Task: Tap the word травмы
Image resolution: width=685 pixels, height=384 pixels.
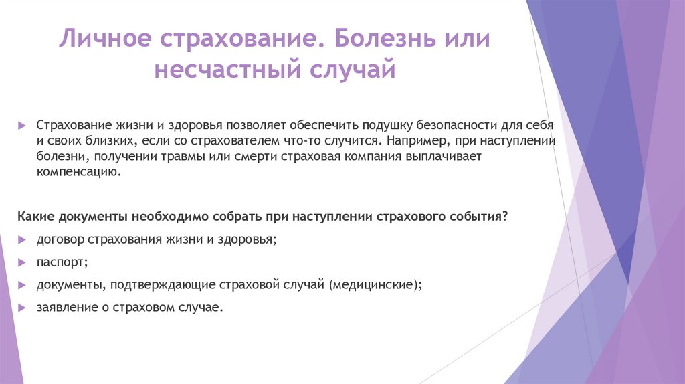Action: [173, 157]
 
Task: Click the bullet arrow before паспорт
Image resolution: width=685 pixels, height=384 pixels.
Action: [22, 262]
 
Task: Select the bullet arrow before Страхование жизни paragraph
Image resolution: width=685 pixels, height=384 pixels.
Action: [22, 125]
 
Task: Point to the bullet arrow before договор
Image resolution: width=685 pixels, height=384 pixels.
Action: [22, 239]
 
